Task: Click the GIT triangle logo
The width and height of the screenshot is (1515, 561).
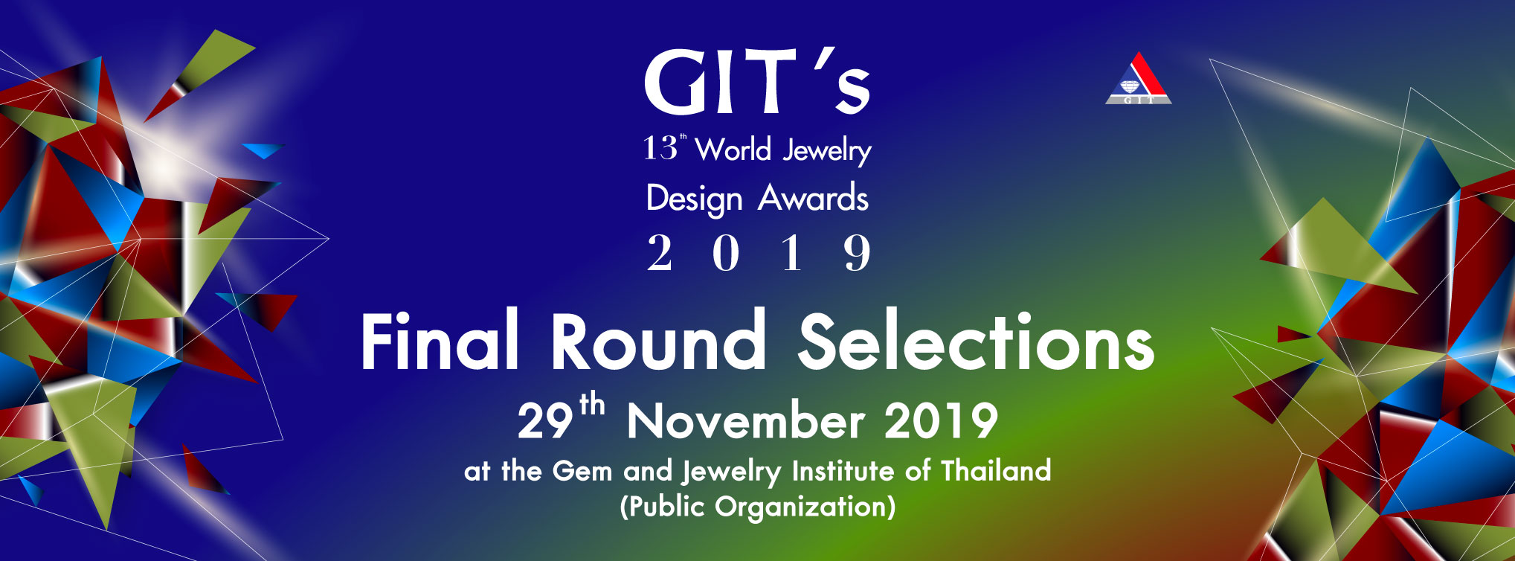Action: pyautogui.click(x=1138, y=78)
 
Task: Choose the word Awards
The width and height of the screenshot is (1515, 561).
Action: pyautogui.click(x=814, y=198)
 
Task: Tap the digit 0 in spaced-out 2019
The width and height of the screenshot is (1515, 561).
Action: pyautogui.click(x=726, y=253)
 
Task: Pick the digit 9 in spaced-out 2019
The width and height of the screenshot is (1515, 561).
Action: pyautogui.click(x=857, y=253)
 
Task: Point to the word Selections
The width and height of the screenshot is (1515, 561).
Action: pyautogui.click(x=977, y=341)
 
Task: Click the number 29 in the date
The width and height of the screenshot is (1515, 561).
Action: pyautogui.click(x=545, y=421)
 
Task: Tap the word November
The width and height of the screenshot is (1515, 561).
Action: pyautogui.click(x=745, y=420)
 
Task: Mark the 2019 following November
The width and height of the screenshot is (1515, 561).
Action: pyautogui.click(x=941, y=420)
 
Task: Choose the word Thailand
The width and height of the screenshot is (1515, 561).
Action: pyautogui.click(x=997, y=470)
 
